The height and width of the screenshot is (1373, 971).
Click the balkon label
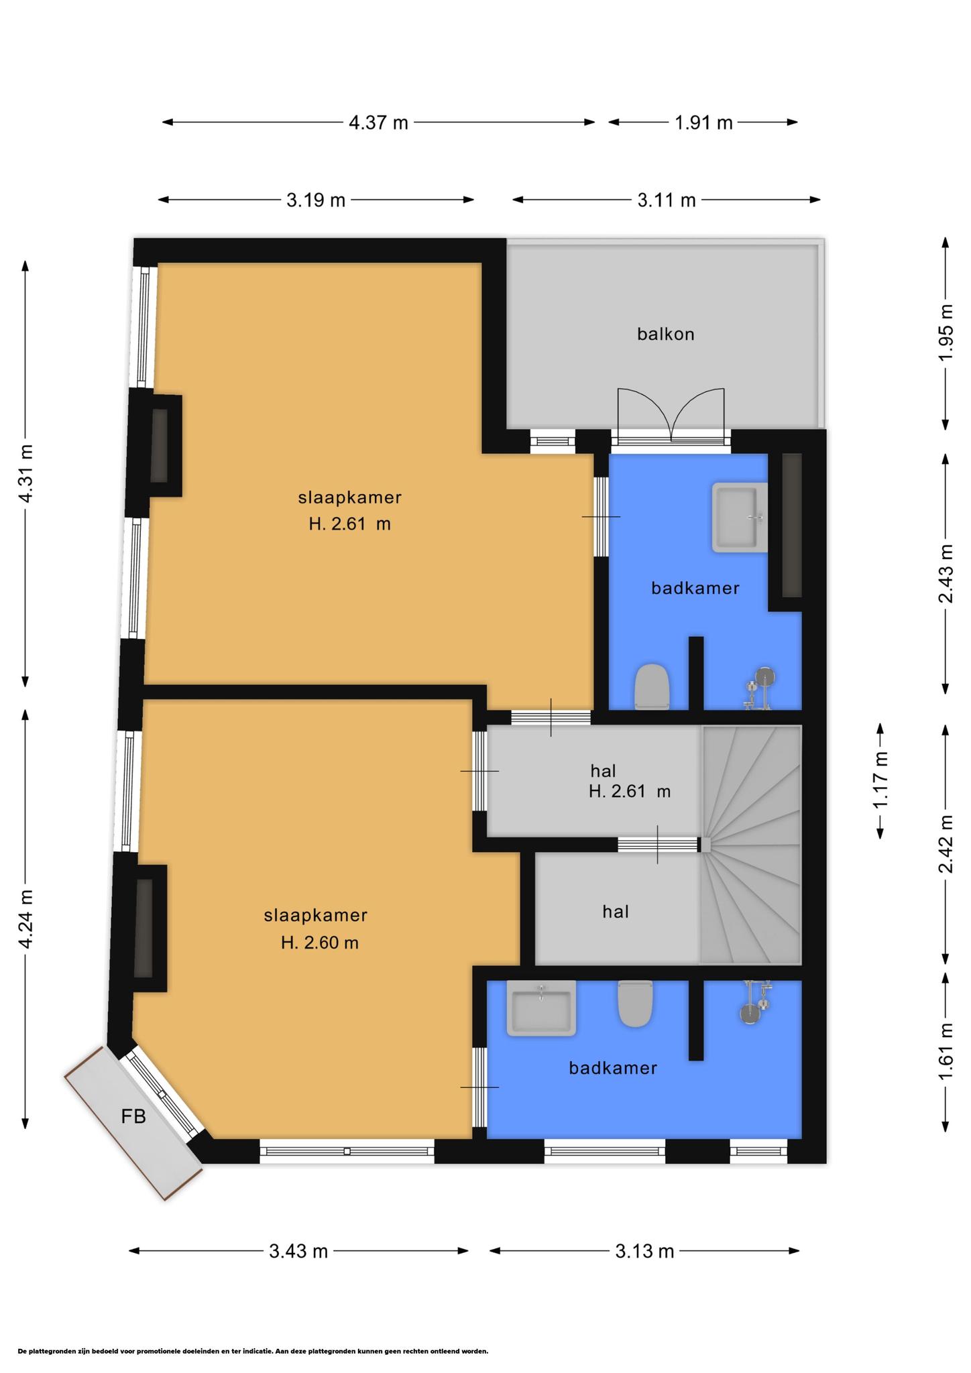[x=665, y=334]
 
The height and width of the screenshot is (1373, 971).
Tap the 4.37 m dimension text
[x=378, y=123]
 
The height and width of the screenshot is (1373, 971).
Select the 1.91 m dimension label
[x=703, y=123]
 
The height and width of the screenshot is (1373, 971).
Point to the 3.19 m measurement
[x=316, y=200]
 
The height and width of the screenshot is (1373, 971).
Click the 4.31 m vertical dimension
[x=25, y=473]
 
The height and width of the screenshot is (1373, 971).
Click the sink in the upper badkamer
[x=740, y=517]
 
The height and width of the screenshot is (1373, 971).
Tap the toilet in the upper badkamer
[x=652, y=686]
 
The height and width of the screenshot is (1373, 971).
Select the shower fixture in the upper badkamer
[x=759, y=687]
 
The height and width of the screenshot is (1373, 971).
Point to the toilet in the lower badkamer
[x=635, y=1004]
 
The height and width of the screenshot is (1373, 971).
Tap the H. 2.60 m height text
[x=320, y=943]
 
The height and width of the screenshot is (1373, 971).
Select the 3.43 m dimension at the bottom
[x=298, y=1251]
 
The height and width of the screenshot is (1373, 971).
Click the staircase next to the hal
[x=751, y=845]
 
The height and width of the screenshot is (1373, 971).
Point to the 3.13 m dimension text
[x=644, y=1251]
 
